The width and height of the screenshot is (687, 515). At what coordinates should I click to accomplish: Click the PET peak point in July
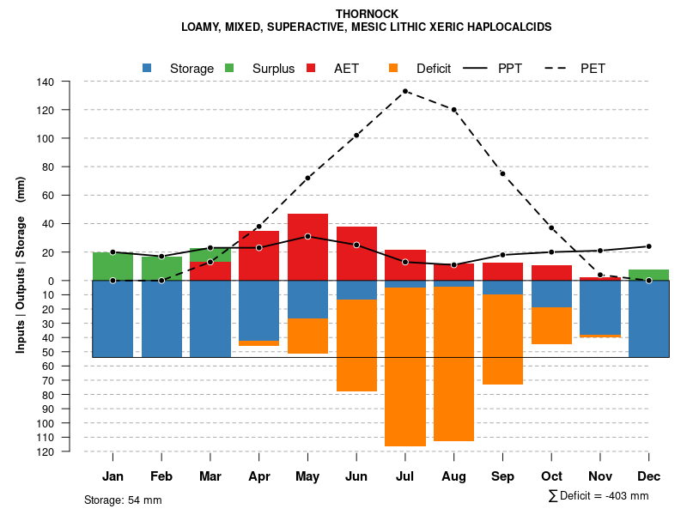click(x=405, y=91)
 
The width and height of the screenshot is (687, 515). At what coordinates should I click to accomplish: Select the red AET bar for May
click(x=307, y=247)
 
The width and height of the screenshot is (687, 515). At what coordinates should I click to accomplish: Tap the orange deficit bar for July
click(x=405, y=367)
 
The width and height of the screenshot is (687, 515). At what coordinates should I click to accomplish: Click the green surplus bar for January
click(x=112, y=266)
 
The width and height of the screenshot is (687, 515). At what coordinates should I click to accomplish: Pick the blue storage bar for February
click(x=161, y=318)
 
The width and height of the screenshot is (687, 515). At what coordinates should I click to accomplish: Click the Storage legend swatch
click(x=148, y=68)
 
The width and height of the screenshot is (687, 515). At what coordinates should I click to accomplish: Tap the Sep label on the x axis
click(x=502, y=476)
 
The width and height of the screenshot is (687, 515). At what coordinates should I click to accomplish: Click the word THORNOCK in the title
click(x=367, y=14)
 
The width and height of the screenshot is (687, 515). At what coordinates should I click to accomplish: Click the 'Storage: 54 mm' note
click(x=123, y=500)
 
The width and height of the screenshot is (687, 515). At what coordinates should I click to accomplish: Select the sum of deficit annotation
click(x=598, y=495)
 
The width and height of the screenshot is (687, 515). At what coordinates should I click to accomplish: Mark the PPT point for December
click(x=648, y=246)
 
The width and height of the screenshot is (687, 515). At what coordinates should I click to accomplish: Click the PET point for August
click(x=453, y=110)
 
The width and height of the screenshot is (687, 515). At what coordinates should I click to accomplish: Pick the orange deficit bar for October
click(x=551, y=325)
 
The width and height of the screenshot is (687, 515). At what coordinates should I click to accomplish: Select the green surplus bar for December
click(x=648, y=275)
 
